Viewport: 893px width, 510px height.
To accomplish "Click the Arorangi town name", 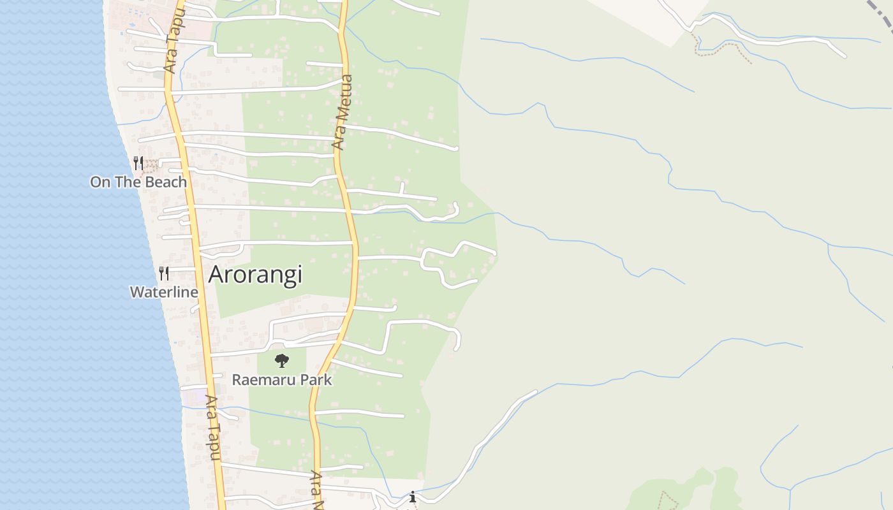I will (x=255, y=274).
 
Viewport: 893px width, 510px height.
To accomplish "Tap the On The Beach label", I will (x=138, y=182).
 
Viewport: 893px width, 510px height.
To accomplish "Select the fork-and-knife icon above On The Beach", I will (x=138, y=163).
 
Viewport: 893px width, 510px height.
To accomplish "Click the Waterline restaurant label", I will (x=164, y=292).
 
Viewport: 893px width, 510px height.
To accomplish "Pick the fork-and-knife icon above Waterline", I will (x=164, y=273).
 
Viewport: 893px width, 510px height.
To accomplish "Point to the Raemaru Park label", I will (x=282, y=380).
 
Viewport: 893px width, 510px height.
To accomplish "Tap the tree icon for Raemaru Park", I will (x=282, y=361).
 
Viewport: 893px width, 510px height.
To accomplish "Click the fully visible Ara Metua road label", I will (x=343, y=112).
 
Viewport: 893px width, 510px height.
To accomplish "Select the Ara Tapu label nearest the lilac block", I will (x=213, y=427).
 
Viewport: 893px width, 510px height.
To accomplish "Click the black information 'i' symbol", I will (x=413, y=496).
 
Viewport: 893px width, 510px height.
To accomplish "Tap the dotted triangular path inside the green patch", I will (x=667, y=500).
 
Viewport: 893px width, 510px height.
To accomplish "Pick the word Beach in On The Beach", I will (x=165, y=182).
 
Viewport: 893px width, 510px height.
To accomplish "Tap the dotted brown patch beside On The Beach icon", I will (x=151, y=166).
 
